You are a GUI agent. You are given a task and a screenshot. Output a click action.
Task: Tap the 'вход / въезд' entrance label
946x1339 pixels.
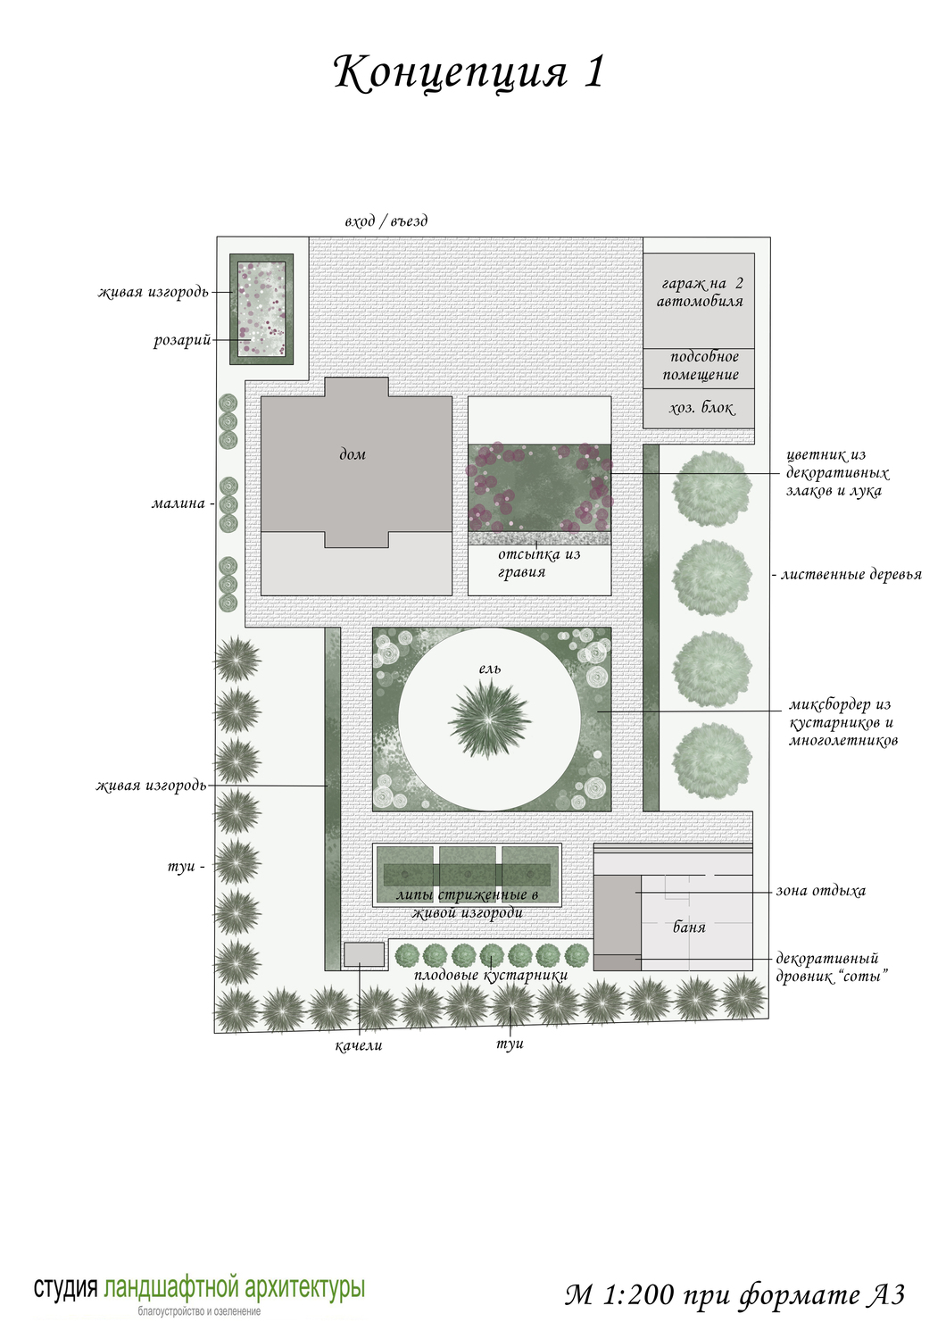(386, 221)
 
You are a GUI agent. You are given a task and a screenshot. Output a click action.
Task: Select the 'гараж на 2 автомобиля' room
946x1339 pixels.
(698, 300)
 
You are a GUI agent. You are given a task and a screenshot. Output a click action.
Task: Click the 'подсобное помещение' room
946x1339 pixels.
(698, 368)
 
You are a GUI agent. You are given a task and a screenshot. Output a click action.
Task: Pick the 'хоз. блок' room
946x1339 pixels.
(698, 408)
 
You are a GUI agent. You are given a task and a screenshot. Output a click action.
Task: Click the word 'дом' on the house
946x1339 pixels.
(353, 454)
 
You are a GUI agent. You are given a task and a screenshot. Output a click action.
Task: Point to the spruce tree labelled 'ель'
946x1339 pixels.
(489, 719)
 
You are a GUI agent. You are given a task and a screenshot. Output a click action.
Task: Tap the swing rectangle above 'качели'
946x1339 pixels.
(364, 954)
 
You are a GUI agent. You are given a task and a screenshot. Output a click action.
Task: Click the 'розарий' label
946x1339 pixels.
(182, 341)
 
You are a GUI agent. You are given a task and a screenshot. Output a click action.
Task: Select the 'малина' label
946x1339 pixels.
(178, 503)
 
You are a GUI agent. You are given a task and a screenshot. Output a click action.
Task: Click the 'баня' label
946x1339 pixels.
(690, 927)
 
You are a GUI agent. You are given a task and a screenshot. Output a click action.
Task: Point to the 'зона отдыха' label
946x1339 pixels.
(820, 891)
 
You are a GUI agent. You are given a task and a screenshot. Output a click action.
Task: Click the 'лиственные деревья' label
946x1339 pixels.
(851, 575)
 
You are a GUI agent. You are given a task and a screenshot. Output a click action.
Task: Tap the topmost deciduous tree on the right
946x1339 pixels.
(712, 489)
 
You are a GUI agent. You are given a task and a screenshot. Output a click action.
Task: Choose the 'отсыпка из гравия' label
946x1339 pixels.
(539, 563)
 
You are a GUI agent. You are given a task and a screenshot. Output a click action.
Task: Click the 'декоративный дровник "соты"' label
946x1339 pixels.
(832, 967)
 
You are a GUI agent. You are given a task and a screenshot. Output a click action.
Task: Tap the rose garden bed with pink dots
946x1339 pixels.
(261, 309)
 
